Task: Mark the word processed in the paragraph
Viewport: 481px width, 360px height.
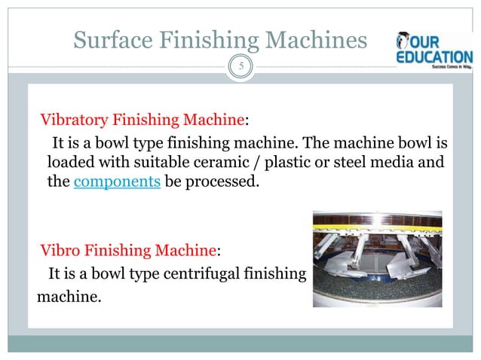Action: point(225,182)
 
